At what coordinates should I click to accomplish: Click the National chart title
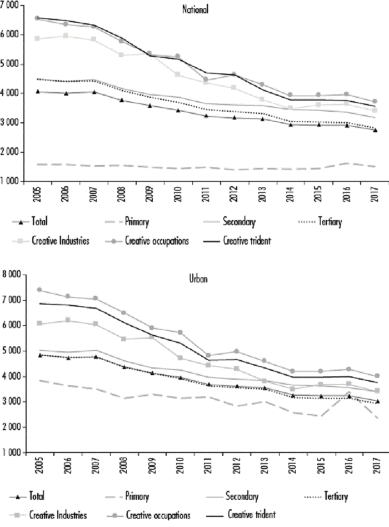click(194, 9)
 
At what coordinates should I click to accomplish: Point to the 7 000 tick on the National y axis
click(11, 5)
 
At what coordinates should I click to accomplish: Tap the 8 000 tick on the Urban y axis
click(11, 275)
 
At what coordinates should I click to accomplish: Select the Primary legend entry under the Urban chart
click(133, 495)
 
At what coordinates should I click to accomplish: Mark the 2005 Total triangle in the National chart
click(38, 91)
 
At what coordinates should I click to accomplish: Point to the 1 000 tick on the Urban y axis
click(11, 453)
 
